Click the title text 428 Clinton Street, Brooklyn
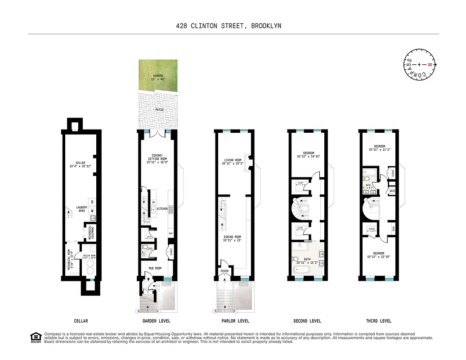tap(229, 26)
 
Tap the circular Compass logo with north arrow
tap(419, 65)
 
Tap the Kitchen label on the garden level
tap(162, 209)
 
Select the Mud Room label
tap(156, 268)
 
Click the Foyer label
tap(224, 271)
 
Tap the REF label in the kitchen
tap(171, 234)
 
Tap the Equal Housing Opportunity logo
tap(35, 337)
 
